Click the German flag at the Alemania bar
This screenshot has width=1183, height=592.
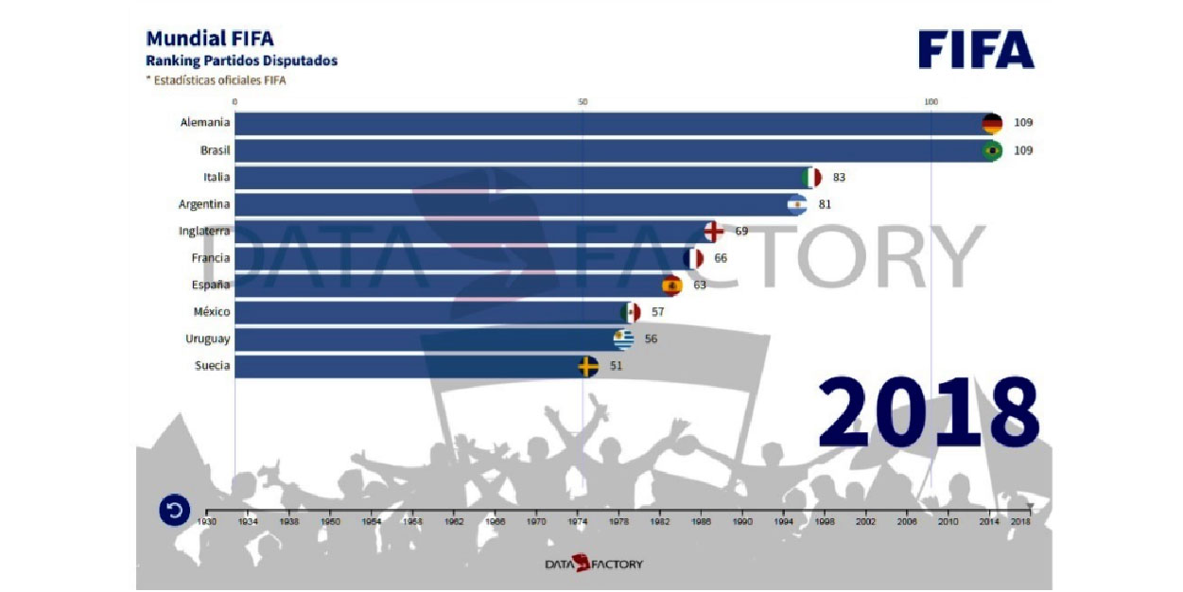[x=991, y=123]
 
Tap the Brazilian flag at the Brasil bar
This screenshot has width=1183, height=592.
[x=991, y=150]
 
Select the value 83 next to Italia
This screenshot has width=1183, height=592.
[x=839, y=177]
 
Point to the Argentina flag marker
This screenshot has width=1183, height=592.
[x=797, y=204]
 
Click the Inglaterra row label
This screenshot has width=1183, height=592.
[x=204, y=231]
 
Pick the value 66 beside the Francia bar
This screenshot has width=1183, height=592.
[x=721, y=258]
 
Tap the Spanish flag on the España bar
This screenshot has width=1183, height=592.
[x=671, y=285]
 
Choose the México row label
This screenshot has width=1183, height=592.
[x=211, y=312]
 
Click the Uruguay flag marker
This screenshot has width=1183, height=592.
[x=623, y=339]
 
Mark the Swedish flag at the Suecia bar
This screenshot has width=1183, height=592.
[x=587, y=366]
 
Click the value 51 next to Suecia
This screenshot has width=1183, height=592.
[x=616, y=366]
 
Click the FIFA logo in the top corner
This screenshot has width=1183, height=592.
[x=976, y=49]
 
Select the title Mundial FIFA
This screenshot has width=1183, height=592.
[x=210, y=39]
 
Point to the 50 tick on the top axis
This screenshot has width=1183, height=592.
[x=583, y=101]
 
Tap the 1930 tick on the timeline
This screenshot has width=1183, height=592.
[x=207, y=520]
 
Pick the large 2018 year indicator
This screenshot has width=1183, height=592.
[x=928, y=413]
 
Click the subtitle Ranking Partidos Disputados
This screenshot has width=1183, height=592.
[x=241, y=61]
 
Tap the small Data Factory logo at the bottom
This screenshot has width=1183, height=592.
[x=593, y=564]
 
